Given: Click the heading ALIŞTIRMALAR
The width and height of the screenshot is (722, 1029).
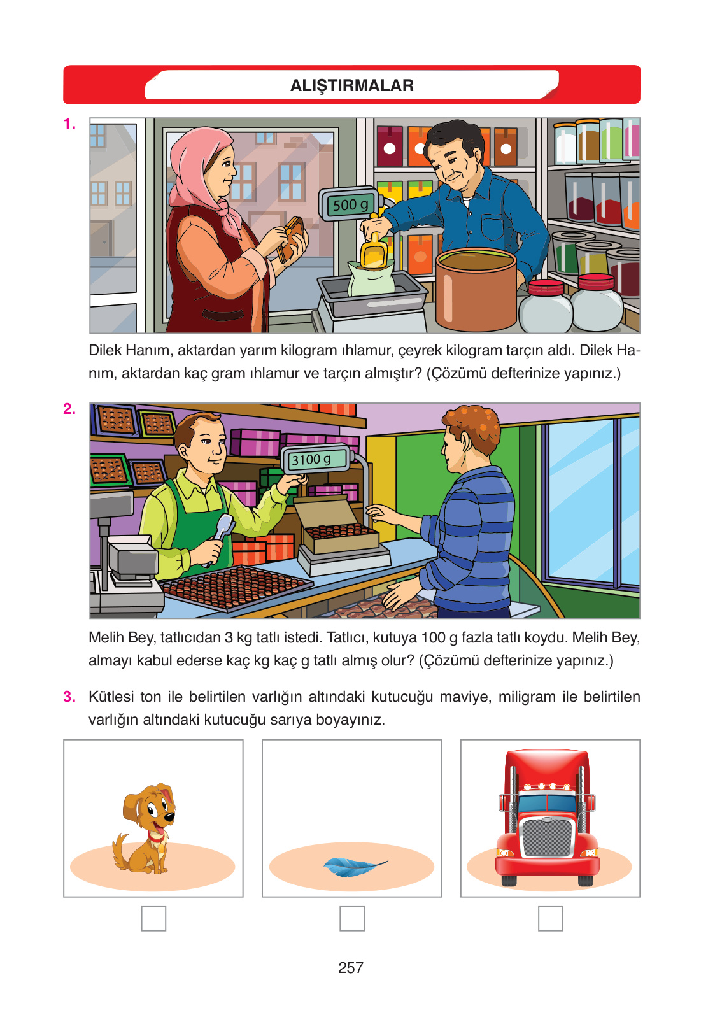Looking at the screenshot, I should pyautogui.click(x=351, y=85).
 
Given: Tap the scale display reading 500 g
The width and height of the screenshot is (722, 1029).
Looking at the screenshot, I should pyautogui.click(x=350, y=204).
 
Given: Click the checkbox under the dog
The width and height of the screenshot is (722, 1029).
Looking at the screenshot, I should pyautogui.click(x=153, y=918).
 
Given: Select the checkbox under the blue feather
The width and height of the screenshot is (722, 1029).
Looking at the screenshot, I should pyautogui.click(x=352, y=918).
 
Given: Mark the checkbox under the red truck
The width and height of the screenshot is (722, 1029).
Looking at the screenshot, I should pyautogui.click(x=551, y=918).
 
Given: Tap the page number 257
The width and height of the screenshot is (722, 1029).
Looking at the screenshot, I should pyautogui.click(x=351, y=968).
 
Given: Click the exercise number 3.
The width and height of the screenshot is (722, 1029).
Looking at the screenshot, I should pyautogui.click(x=69, y=697).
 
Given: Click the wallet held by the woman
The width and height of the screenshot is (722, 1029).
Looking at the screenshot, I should pyautogui.click(x=292, y=239).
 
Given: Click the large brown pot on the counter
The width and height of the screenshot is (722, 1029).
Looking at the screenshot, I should pyautogui.click(x=476, y=290).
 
